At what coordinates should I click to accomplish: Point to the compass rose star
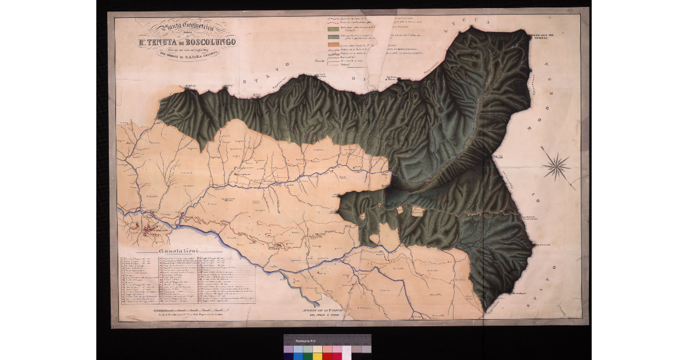(556, 167)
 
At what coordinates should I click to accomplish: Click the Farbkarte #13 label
(308, 342)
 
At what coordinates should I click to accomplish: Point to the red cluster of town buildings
(150, 230)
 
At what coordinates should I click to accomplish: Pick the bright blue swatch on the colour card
(298, 356)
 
